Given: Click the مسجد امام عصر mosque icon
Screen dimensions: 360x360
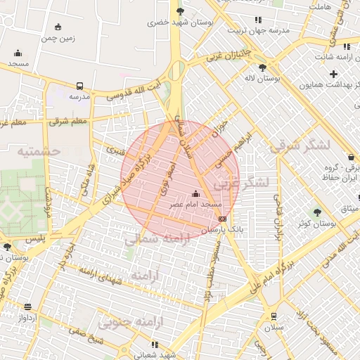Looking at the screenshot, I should click(x=195, y=193).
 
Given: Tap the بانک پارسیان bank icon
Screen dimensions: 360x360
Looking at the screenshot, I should click(x=223, y=219).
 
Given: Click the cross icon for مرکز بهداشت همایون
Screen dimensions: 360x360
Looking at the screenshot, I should click(x=333, y=74).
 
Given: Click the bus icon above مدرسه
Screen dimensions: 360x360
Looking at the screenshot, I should click(x=79, y=86).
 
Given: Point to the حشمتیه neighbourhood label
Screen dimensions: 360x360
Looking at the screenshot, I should click(x=39, y=150).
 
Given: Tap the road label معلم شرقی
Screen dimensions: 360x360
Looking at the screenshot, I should click(x=70, y=122).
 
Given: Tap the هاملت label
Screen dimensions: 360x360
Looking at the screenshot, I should click(x=320, y=6).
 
